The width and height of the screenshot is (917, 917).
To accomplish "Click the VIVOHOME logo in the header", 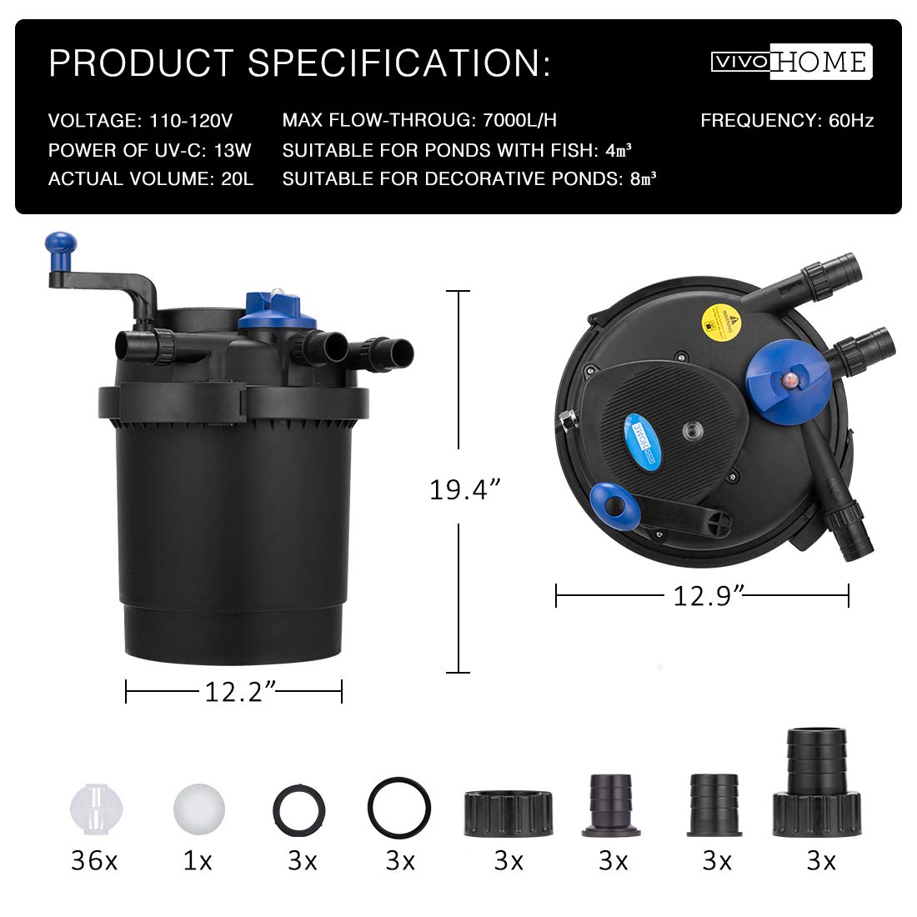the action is point(791,62).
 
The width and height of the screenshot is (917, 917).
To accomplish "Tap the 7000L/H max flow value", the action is point(519,120).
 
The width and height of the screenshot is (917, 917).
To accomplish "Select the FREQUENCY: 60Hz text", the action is point(787,121).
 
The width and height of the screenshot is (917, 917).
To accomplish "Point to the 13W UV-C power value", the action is point(233,150).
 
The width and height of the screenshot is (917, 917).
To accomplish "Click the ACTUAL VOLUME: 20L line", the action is point(151,178).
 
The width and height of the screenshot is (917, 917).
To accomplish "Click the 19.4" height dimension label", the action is point(465,489).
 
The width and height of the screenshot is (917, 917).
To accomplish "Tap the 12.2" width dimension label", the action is point(240,692).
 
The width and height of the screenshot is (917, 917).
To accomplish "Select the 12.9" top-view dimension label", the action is point(709,596).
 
